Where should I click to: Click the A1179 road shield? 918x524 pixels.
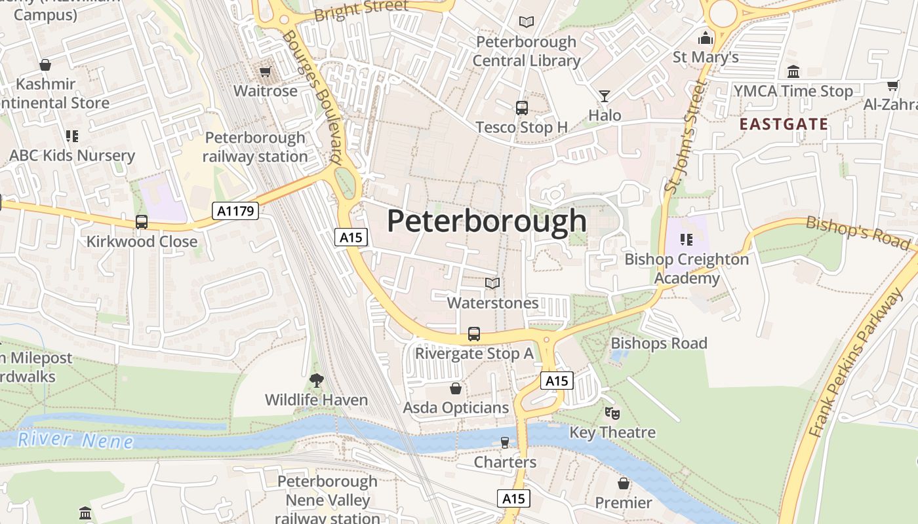click(235, 210)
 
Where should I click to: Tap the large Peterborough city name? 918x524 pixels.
click(487, 221)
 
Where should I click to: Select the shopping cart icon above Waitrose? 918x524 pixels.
click(266, 71)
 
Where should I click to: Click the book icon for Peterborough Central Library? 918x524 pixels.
click(526, 22)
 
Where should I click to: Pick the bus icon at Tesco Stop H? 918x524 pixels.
click(522, 108)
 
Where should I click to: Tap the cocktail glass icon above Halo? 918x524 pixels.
click(605, 96)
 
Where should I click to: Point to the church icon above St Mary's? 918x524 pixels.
click(706, 38)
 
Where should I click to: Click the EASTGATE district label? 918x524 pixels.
click(784, 124)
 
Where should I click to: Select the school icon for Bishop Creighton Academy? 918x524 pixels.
click(686, 240)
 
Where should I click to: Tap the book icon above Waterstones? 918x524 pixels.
click(492, 283)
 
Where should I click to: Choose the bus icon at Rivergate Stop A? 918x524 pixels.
click(474, 334)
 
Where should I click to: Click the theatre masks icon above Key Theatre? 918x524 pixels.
click(612, 413)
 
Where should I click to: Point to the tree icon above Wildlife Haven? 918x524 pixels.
click(317, 380)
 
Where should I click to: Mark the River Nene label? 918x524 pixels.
click(75, 440)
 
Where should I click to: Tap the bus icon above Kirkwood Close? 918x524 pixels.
click(142, 221)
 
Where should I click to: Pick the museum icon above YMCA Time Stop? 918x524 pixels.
click(793, 71)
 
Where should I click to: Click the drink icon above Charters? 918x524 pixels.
click(504, 443)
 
